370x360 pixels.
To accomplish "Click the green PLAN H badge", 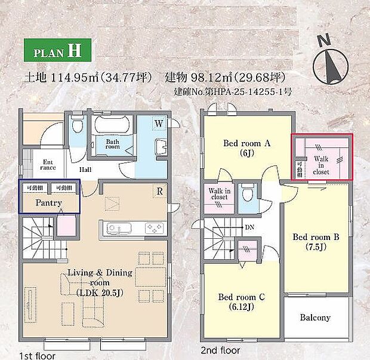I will coord(57,50).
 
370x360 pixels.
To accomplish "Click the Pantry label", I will coord(50,203).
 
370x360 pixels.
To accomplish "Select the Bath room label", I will coord(113,144).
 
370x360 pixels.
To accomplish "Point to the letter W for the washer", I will coord(159,124).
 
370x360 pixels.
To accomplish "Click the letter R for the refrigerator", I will coord(159,192).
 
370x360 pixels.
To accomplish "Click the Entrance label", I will coord(48,165).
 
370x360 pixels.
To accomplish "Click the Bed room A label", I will coord(247,147).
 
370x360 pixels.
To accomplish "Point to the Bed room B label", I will coord(316,242).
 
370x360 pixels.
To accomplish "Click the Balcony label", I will coord(314,318).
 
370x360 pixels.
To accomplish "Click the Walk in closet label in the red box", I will coord(321,164).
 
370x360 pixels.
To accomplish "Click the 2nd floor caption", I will coord(221,350).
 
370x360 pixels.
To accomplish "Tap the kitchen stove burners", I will coord(154,228).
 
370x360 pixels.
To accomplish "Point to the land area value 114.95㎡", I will coord(84,78).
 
